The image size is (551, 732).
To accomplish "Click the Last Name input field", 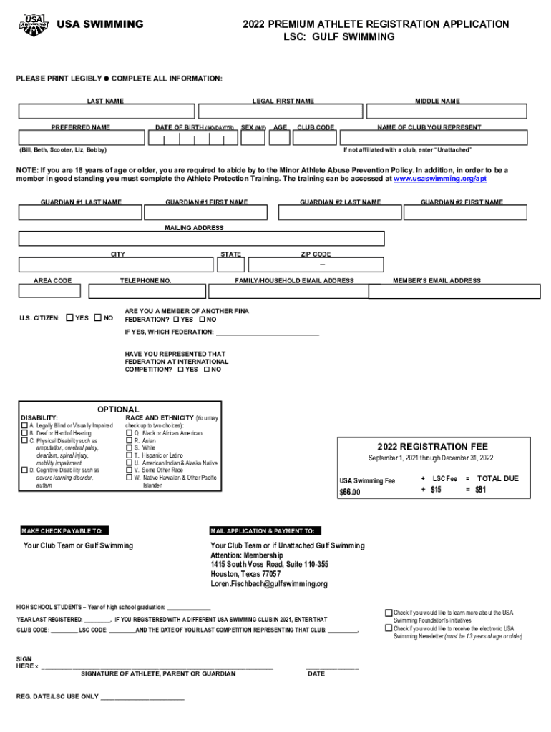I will click(x=107, y=112).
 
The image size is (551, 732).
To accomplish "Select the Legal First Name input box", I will click(x=282, y=112).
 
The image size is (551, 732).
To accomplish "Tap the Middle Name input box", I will click(x=437, y=112).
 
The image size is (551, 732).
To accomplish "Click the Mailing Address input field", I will click(x=201, y=239).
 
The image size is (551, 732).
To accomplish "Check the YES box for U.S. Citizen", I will click(x=69, y=318).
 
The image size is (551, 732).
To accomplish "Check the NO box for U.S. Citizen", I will click(x=97, y=318).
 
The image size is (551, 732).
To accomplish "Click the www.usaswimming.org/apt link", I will click(x=440, y=179).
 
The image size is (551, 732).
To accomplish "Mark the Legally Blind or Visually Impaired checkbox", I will click(x=24, y=425).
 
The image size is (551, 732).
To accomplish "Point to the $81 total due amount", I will click(x=480, y=490).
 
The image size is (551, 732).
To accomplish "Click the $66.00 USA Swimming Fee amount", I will click(x=350, y=493).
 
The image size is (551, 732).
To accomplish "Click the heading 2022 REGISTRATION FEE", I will click(x=432, y=446).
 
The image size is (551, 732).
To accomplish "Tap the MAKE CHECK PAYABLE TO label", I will click(x=65, y=530).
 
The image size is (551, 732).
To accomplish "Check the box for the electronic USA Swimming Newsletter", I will click(x=389, y=629).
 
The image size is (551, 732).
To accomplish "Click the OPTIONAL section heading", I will click(x=118, y=410).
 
